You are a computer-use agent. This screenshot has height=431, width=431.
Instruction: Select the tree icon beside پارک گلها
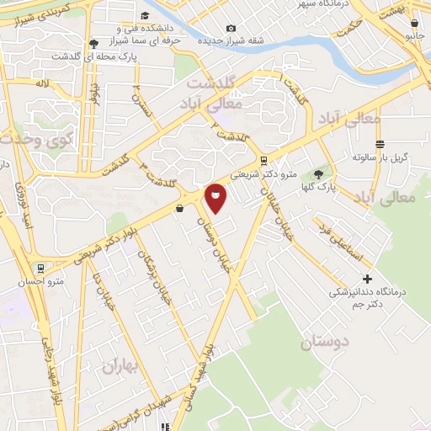317,175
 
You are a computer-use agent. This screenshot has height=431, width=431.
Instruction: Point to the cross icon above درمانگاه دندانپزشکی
366,279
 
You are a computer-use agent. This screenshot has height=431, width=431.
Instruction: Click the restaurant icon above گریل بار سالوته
380,143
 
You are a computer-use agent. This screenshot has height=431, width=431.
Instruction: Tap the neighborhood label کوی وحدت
39,139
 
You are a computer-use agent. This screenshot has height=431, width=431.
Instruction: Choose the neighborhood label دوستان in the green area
322,343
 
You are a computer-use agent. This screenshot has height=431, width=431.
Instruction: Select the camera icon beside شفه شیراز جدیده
231,28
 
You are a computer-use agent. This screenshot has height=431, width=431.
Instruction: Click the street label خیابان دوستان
214,241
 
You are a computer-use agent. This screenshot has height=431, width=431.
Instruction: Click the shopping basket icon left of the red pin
179,208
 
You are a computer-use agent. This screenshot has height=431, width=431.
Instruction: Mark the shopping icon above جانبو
412,24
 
